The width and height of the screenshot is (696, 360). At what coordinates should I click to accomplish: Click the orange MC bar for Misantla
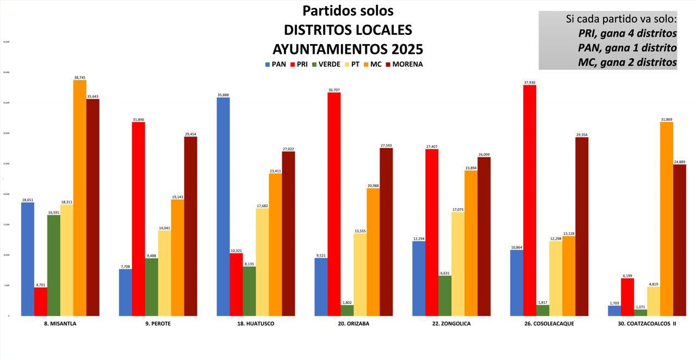80,198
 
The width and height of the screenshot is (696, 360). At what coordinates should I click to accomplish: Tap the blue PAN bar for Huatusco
223,207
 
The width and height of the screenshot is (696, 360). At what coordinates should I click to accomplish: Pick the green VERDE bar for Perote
151,287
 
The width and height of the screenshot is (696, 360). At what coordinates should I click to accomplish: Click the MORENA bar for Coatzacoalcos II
679,240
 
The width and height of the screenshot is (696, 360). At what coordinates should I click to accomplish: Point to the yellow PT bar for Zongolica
458,264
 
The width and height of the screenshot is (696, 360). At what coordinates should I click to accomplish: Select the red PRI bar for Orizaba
334,204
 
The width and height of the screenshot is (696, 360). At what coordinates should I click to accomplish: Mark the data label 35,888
223,95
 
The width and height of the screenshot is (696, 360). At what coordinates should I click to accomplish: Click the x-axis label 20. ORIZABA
353,324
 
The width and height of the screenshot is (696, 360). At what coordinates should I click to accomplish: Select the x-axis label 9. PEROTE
158,324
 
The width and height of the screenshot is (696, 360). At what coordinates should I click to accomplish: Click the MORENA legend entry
404,64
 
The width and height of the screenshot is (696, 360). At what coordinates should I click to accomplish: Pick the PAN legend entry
275,64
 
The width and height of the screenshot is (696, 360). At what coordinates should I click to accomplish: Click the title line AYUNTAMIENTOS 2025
347,49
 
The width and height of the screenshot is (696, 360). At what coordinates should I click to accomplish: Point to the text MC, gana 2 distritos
627,62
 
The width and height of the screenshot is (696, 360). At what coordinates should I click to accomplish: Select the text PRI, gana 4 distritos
627,33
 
